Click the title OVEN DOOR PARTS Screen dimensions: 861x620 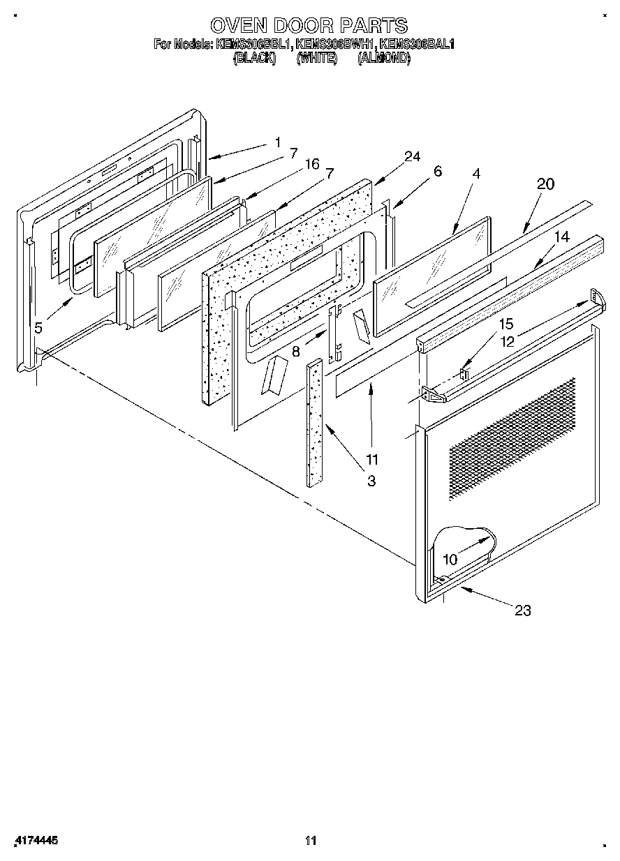(x=309, y=26)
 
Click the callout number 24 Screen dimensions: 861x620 (x=412, y=156)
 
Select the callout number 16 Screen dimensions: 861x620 (x=311, y=164)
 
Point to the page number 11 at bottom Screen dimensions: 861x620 (x=311, y=840)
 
